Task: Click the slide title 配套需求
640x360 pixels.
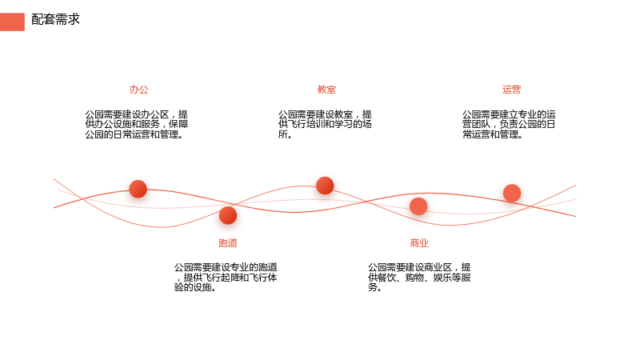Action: click(x=55, y=19)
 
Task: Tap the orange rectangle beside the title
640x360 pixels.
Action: click(x=12, y=22)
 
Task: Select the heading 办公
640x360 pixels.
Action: click(x=138, y=90)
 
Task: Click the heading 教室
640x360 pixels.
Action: click(x=326, y=90)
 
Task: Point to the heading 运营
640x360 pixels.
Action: click(x=511, y=90)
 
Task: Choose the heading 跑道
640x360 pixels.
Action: click(x=228, y=243)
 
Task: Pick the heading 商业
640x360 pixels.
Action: click(x=419, y=243)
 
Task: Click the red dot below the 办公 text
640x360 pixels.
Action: click(x=138, y=189)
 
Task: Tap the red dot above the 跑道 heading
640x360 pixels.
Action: click(x=228, y=215)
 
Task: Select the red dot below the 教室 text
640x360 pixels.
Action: click(x=325, y=186)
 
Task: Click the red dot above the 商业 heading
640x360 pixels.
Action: click(x=418, y=206)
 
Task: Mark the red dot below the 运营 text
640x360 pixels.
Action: click(x=512, y=193)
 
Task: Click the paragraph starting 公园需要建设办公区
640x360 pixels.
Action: click(x=137, y=125)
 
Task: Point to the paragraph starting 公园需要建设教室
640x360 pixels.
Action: click(x=325, y=125)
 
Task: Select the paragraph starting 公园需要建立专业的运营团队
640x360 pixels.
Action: click(x=509, y=125)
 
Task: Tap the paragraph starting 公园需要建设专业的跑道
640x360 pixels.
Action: click(x=226, y=278)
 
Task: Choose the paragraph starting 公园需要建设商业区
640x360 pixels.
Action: click(x=419, y=278)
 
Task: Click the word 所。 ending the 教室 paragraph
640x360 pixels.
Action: click(x=285, y=134)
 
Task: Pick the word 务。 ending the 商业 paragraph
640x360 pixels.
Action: click(x=374, y=287)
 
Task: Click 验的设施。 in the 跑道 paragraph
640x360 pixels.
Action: click(x=195, y=287)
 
